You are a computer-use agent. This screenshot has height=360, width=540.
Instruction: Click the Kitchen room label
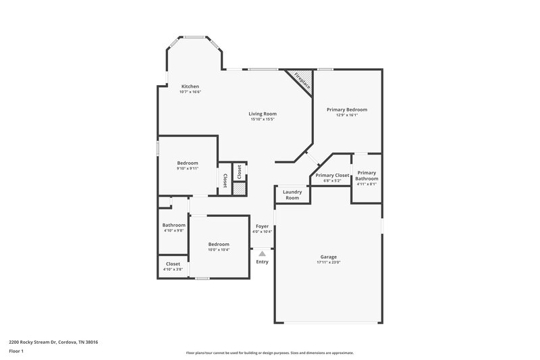point(190,86)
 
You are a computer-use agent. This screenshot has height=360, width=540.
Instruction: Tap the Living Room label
point(263,113)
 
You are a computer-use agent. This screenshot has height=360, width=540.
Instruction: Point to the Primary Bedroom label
point(347,109)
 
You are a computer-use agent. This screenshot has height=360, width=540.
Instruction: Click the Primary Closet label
point(332,175)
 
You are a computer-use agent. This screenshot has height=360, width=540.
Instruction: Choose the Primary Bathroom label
point(367,175)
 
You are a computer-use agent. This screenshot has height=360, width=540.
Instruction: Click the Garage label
point(329,257)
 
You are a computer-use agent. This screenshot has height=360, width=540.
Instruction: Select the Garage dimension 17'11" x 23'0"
point(329,263)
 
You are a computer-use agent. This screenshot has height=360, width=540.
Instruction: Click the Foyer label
point(262,226)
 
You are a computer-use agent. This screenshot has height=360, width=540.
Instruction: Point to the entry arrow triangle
point(263,253)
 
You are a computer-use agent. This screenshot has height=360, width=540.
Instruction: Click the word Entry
point(262,261)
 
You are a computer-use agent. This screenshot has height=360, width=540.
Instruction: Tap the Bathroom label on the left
point(173,225)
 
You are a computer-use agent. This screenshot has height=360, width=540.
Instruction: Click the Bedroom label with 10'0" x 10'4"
point(218,244)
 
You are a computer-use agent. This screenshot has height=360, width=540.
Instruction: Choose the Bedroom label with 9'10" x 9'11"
point(188,163)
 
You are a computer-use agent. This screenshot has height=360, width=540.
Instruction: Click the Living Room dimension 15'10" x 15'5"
point(263,120)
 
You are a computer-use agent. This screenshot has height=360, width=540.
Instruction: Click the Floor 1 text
point(16,351)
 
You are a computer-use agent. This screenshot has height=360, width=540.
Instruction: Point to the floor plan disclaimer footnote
point(269,353)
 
